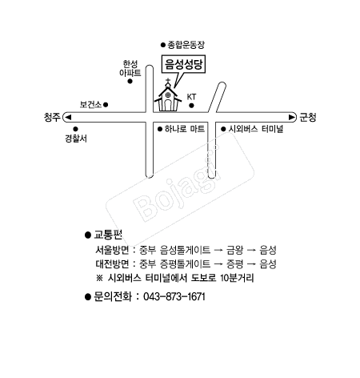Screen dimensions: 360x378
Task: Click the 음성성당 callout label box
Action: [183, 64]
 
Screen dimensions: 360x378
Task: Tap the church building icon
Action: [168, 98]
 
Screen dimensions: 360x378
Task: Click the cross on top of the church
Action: [168, 80]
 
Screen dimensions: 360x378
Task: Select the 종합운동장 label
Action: [186, 45]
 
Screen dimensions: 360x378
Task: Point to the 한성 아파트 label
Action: [130, 68]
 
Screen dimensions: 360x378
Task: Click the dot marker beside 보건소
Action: [106, 104]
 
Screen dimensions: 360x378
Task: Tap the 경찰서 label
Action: [76, 139]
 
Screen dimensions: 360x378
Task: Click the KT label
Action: [191, 97]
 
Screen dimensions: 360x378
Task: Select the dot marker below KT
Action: [191, 106]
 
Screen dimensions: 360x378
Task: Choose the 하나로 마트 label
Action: [185, 129]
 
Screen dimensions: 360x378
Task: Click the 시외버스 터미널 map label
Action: [256, 129]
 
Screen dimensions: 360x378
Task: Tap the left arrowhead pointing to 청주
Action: [68, 117]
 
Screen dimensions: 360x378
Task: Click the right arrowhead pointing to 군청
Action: [292, 117]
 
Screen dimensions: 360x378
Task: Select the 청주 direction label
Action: [52, 117]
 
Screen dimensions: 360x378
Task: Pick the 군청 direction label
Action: [308, 117]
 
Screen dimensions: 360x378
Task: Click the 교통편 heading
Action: [108, 235]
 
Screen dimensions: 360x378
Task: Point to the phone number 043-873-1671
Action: [174, 297]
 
